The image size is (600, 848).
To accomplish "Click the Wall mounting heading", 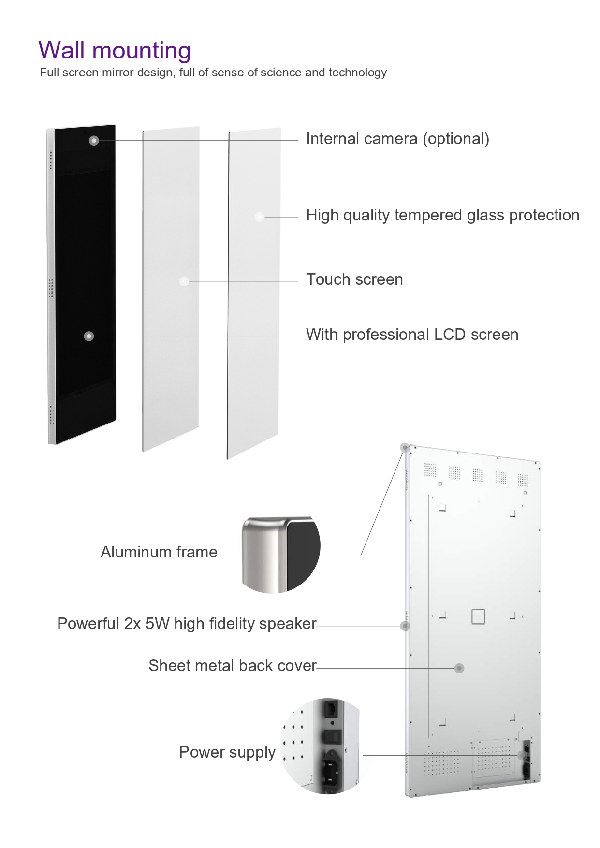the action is tap(115, 51).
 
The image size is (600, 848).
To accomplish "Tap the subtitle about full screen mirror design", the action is tap(213, 73).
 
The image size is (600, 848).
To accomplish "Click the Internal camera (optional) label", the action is tap(397, 139).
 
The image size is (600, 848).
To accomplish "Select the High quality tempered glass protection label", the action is tap(442, 215).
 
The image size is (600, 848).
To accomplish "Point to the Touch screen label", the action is tap(354, 279).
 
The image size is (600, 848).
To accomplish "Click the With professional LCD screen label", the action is tap(412, 335).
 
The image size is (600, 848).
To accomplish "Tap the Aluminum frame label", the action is tap(159, 552).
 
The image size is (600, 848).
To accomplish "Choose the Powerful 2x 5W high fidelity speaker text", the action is tap(187, 624).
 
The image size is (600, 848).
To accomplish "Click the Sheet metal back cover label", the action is tap(232, 666).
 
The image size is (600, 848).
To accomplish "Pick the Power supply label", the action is tap(227, 753).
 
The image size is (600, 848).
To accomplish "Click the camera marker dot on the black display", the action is tap(94, 140).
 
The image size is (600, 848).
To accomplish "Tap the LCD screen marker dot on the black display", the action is tap(89, 336).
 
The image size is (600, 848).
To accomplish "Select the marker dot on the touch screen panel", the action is tap(184, 281).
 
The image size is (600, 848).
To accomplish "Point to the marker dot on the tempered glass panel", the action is tap(260, 217).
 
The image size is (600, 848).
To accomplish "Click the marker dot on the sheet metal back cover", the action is tap(459, 668).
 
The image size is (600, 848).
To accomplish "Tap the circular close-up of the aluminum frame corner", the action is tap(281, 555).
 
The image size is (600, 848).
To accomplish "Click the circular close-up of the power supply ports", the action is tap(321, 746).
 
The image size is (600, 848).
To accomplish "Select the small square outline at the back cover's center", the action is tap(478, 616).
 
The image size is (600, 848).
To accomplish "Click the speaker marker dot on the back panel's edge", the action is tap(405, 626).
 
